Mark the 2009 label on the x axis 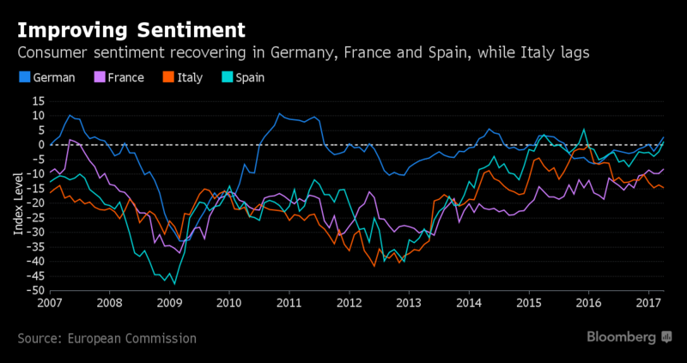click(x=169, y=303)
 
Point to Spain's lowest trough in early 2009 click(x=174, y=283)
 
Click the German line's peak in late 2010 click(x=279, y=113)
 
